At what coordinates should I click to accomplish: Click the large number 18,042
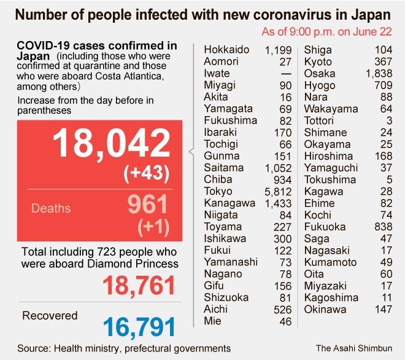(110, 144)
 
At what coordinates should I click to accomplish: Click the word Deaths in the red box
(50, 208)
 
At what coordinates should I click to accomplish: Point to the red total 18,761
(138, 286)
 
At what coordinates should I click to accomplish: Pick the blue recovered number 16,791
(138, 327)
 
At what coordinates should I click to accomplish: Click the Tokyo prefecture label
(218, 191)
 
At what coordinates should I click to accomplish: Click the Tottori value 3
(391, 120)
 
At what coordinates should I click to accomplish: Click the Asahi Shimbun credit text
(353, 348)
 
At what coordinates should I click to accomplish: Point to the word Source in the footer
(33, 348)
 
